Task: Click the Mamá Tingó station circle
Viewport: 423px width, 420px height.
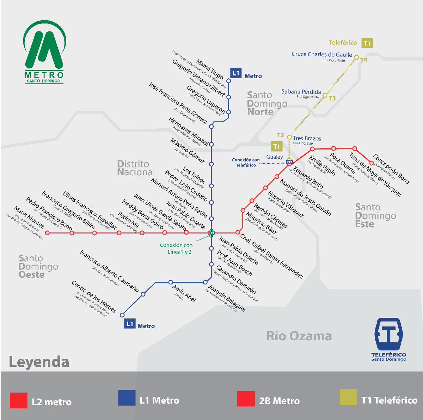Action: click(x=228, y=81)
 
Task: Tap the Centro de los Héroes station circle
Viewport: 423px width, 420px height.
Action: click(x=122, y=315)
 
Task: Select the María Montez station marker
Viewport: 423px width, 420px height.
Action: click(x=48, y=233)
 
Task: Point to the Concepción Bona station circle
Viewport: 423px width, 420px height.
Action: click(x=371, y=163)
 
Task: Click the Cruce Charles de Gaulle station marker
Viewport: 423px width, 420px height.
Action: click(x=356, y=57)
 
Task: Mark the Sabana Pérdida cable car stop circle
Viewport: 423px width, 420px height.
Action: click(x=325, y=95)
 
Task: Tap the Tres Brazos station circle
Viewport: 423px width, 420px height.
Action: click(x=289, y=137)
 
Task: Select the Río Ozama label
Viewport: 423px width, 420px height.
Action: click(x=299, y=336)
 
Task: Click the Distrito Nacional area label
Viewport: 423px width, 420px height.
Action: click(x=136, y=168)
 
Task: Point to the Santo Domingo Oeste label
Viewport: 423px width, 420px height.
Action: click(x=38, y=267)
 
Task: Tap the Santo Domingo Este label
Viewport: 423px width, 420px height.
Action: click(x=375, y=215)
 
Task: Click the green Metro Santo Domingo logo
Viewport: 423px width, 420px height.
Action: click(x=44, y=51)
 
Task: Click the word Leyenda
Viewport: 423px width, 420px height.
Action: click(x=39, y=362)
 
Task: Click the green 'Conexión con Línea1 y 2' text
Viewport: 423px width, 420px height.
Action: click(x=176, y=248)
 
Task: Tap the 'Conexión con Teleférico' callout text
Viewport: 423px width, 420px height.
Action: click(x=246, y=162)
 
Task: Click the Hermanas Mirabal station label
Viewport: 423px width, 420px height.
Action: click(x=188, y=132)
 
